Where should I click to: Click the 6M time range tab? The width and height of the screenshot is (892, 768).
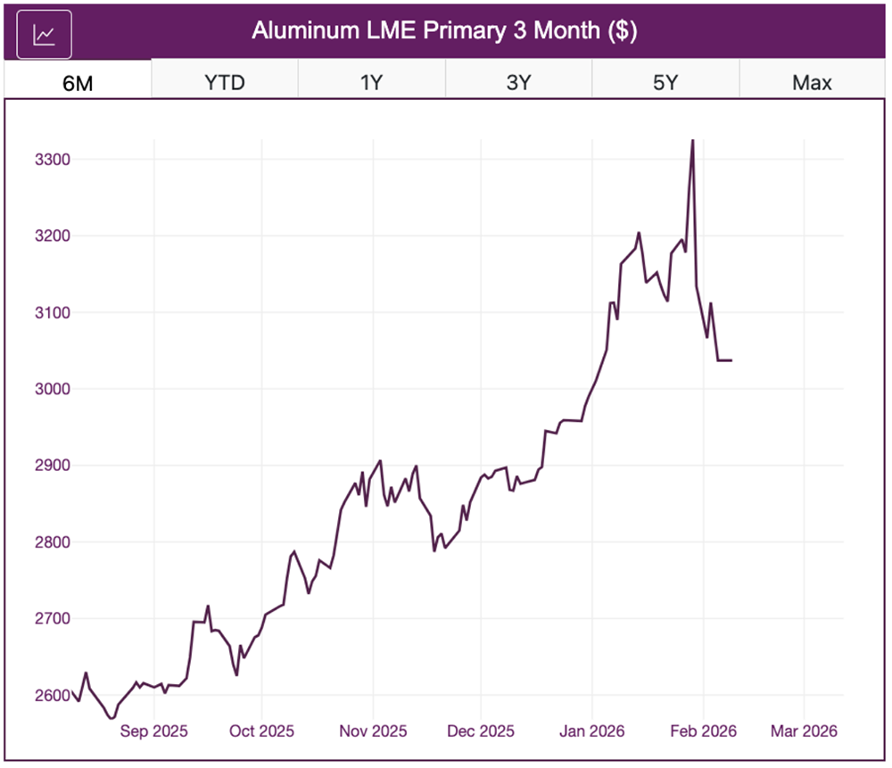[x=78, y=83]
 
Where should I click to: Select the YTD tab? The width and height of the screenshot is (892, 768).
[x=225, y=83]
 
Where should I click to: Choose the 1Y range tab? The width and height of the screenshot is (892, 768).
[x=371, y=83]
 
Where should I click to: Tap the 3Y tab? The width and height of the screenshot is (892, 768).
[x=518, y=83]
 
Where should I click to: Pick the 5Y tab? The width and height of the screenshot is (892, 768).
[x=665, y=83]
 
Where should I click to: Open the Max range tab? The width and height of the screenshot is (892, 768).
[x=812, y=83]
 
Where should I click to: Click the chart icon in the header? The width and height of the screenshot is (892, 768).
[x=44, y=35]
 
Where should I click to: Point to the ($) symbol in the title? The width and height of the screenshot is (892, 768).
[x=621, y=31]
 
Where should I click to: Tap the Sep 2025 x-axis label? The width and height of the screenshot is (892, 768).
[x=154, y=731]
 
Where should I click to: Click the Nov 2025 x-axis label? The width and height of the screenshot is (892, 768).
[x=373, y=731]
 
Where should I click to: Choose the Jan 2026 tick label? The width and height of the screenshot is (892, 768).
[x=593, y=731]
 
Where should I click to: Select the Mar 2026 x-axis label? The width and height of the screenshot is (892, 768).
[x=805, y=731]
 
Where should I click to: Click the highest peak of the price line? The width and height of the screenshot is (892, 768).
[x=693, y=140]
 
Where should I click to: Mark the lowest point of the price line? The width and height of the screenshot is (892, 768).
[x=111, y=718]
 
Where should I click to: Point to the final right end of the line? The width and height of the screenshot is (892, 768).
[x=731, y=360]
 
